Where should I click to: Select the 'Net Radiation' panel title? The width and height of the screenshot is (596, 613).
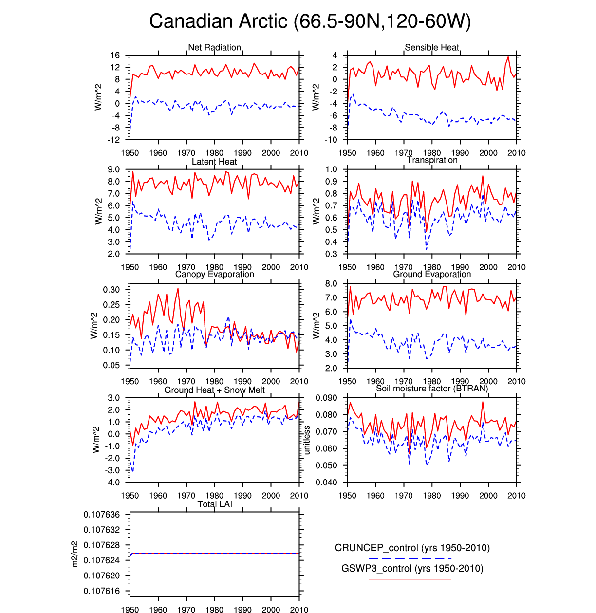[214, 47]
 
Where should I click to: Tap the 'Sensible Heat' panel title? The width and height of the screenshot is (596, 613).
[432, 47]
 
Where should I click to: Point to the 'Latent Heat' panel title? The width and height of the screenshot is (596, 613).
[214, 162]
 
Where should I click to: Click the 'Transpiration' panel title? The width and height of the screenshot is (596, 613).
[432, 160]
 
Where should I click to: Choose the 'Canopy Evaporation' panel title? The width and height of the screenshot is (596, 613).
[214, 274]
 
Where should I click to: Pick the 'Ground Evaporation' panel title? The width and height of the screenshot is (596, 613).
[432, 274]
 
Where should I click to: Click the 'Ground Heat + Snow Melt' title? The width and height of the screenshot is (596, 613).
[214, 390]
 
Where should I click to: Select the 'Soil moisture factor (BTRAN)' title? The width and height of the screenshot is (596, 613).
[432, 388]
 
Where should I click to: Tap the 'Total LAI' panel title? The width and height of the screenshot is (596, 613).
[214, 504]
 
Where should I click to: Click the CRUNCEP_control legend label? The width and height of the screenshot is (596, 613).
[412, 548]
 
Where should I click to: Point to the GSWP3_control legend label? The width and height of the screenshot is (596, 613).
[412, 568]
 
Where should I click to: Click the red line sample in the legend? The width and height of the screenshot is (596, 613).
[410, 579]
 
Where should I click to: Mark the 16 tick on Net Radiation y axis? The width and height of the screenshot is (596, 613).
[115, 56]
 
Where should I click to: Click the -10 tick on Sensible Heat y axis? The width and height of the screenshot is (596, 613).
[331, 140]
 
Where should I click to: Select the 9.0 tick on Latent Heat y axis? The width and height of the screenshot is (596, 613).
[113, 169]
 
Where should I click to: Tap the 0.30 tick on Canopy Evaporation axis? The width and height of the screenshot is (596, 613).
[111, 290]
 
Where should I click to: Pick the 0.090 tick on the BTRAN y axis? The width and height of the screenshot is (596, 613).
[326, 398]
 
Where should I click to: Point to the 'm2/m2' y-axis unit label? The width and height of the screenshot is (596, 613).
[74, 554]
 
